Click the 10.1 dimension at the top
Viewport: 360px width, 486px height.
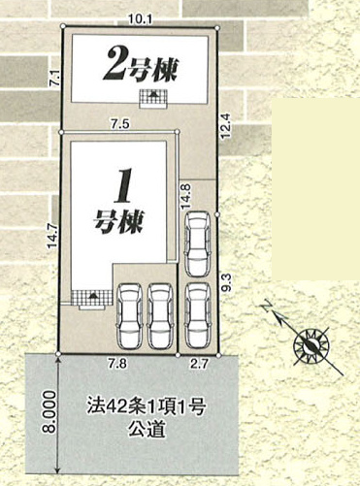point(140,19)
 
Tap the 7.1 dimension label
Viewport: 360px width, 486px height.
point(55,80)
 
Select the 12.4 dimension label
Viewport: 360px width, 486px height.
point(226,125)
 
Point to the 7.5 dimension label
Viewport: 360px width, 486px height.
point(119,124)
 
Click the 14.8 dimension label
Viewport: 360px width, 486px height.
point(185,197)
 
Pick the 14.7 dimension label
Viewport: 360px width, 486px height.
point(52,236)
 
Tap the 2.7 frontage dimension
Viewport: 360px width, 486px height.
point(198,364)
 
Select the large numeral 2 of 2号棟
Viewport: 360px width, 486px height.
point(114,64)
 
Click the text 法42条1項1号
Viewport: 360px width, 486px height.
point(147,407)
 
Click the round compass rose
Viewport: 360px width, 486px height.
point(311,346)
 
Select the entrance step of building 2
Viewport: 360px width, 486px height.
point(153,99)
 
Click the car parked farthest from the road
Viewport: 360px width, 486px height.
point(197,244)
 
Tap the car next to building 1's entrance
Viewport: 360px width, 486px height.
point(130,316)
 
